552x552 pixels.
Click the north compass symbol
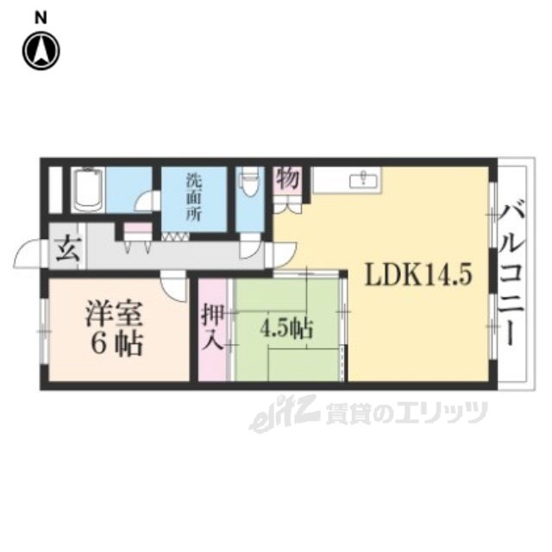(41, 51)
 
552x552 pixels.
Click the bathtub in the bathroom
(88, 191)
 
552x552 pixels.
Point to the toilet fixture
(249, 183)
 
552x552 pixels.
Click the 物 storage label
(287, 180)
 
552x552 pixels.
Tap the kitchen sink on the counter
(361, 180)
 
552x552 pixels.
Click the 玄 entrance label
(66, 248)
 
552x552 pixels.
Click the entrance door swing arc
(28, 255)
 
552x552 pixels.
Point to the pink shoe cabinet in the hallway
(137, 230)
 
